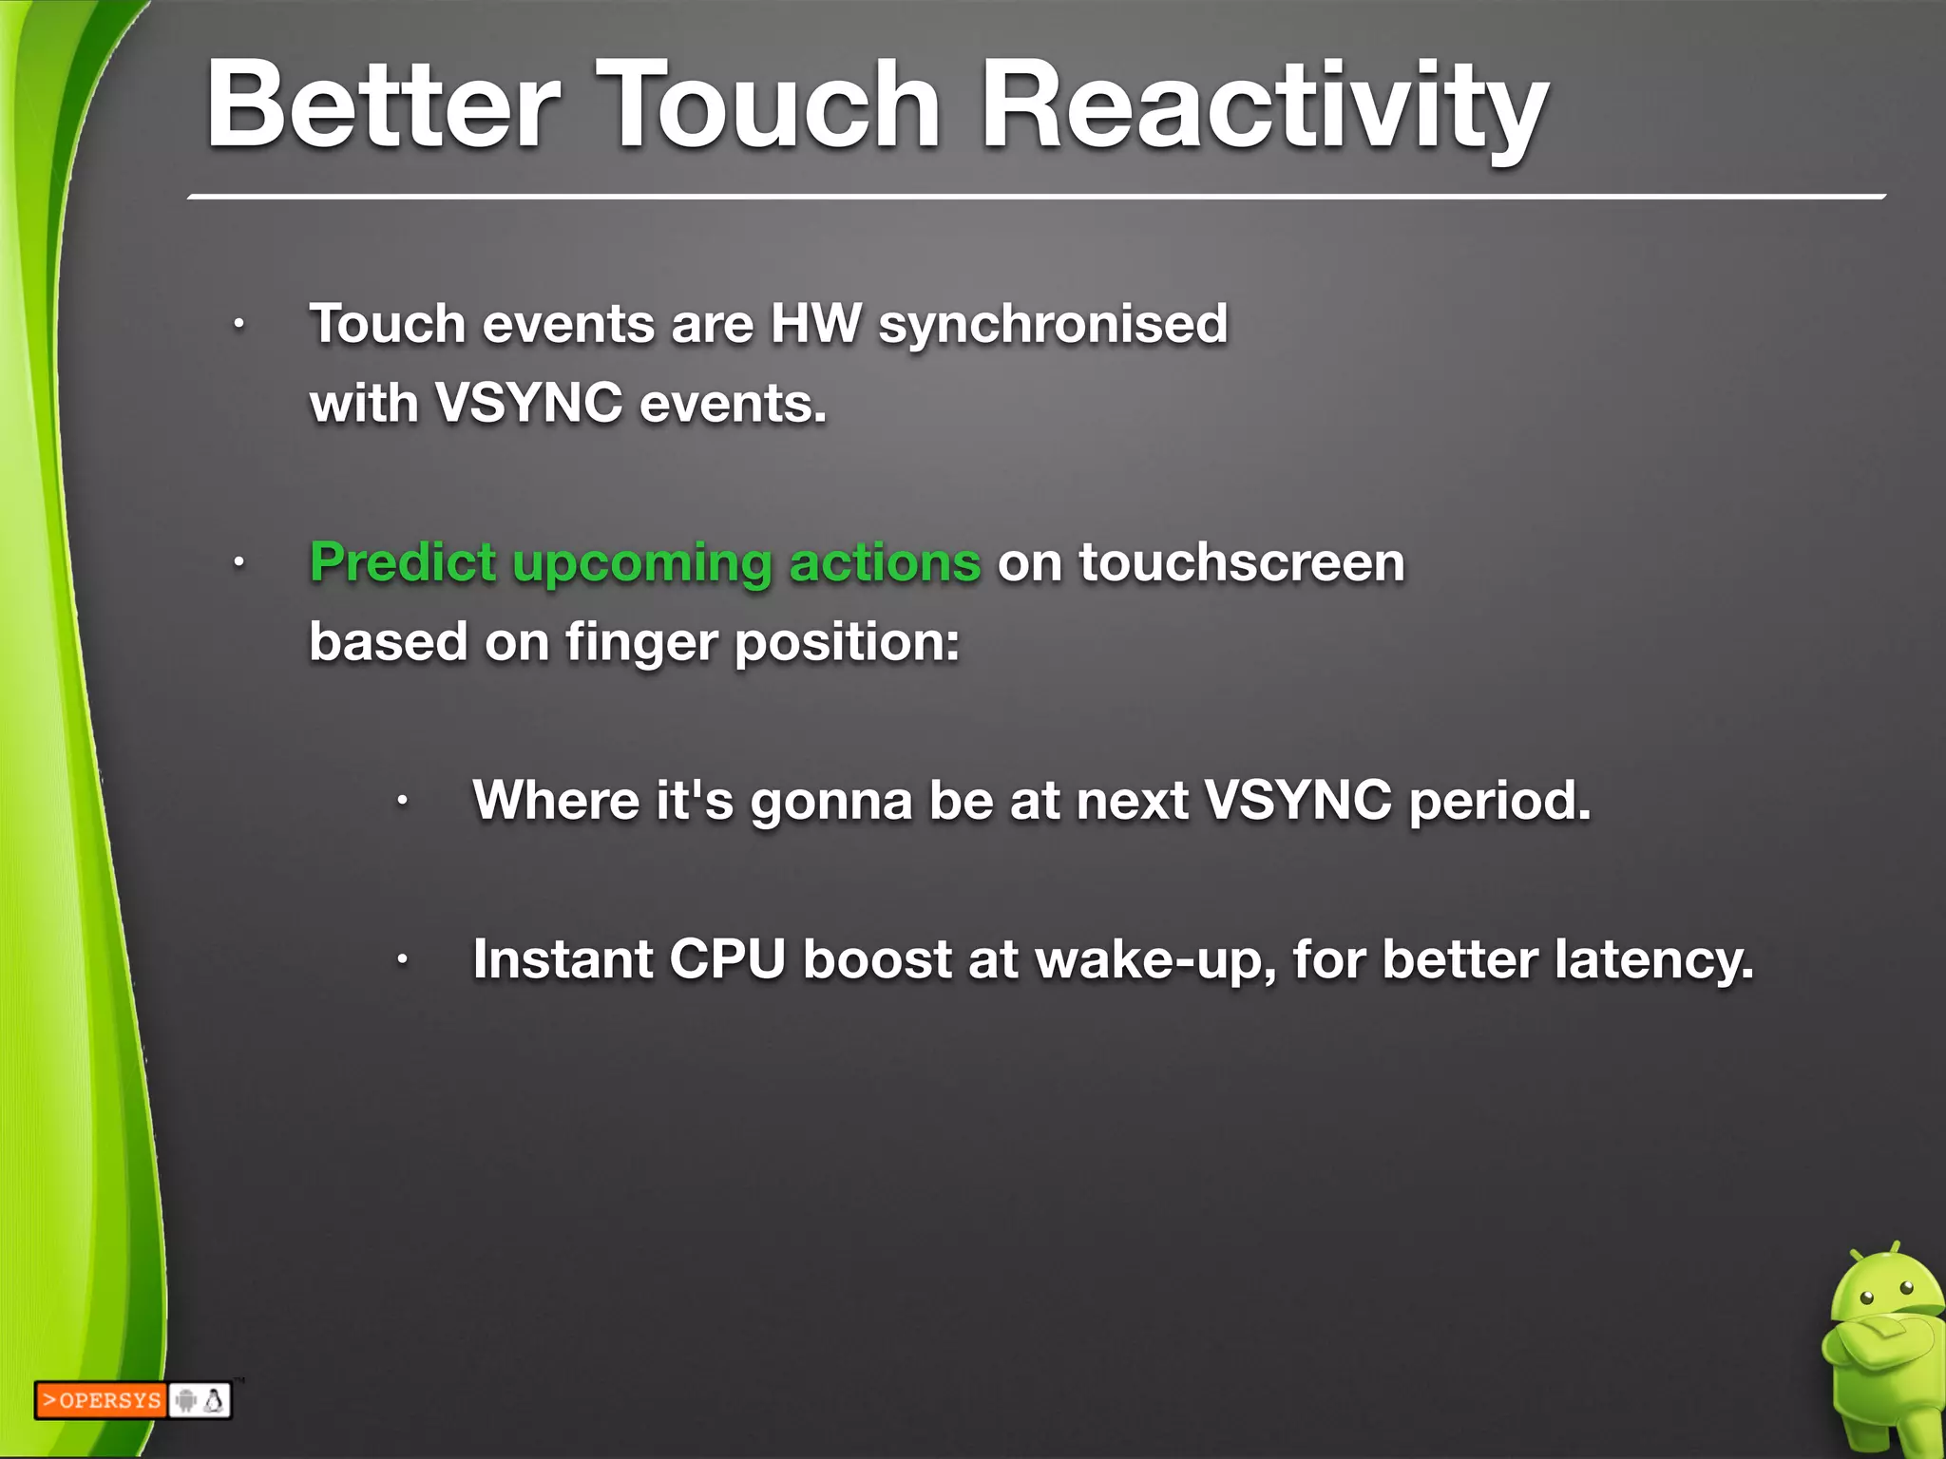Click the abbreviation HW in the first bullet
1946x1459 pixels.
click(x=815, y=324)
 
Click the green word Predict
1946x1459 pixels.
click(x=403, y=562)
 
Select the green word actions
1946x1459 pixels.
click(x=885, y=562)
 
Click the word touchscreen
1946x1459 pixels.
click(x=1241, y=562)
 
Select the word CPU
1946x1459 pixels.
click(x=727, y=959)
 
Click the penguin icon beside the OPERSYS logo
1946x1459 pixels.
click(x=215, y=1400)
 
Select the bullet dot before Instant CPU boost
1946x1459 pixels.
click(x=403, y=960)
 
